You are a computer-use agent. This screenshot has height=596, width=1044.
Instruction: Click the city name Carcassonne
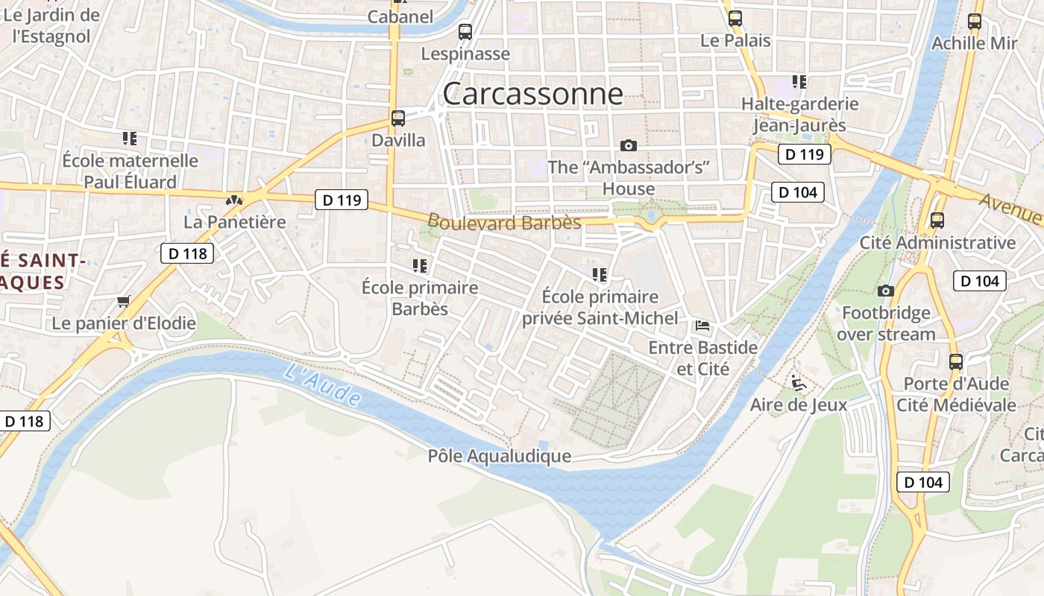click(x=532, y=94)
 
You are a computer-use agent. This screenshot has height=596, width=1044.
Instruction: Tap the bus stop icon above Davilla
click(x=398, y=118)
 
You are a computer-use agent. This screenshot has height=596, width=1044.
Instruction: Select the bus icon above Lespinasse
click(x=465, y=31)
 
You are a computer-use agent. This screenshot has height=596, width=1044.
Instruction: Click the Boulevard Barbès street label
click(x=504, y=222)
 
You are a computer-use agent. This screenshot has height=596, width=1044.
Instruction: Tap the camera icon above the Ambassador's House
click(x=629, y=145)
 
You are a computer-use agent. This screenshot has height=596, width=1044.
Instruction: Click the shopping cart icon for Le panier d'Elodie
click(x=124, y=302)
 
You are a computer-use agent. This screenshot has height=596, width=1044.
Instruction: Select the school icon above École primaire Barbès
click(x=420, y=265)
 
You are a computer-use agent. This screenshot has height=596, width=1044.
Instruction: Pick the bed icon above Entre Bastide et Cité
click(x=702, y=326)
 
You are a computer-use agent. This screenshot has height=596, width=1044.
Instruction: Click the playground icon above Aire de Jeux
click(x=799, y=383)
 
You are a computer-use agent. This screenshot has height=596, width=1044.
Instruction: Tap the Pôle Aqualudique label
click(x=500, y=456)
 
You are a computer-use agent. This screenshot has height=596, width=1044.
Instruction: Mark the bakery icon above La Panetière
click(x=235, y=200)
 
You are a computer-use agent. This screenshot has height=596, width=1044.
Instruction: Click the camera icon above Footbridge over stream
click(x=886, y=291)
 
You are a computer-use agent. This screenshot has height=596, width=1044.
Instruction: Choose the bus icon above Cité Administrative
click(x=937, y=221)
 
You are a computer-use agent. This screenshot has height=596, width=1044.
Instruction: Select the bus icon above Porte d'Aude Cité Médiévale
click(x=956, y=362)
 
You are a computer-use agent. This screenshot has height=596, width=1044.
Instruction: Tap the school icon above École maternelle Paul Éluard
click(x=130, y=139)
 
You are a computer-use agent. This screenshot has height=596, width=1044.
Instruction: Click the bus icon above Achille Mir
click(x=975, y=22)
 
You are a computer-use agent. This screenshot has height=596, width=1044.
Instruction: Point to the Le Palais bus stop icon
click(x=735, y=19)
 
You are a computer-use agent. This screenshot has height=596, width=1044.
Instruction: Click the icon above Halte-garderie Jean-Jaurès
click(x=799, y=82)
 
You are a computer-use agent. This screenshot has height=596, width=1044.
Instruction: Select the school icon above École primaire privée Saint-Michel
click(x=600, y=275)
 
